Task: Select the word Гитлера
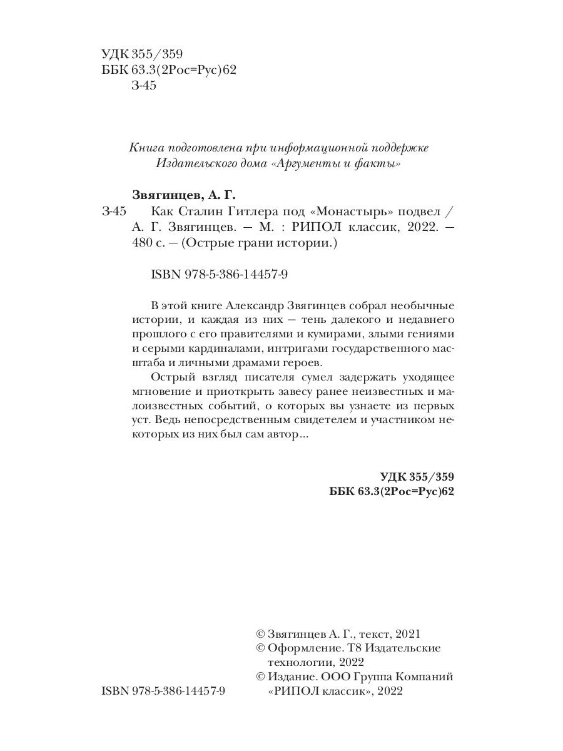[263, 211]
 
